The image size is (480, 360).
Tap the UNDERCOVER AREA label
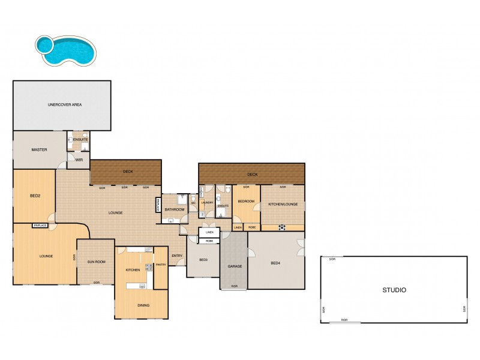[x=65, y=104]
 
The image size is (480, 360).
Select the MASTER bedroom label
[x=40, y=149]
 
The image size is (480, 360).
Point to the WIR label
[x=79, y=160]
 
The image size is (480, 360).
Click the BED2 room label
[x=35, y=196]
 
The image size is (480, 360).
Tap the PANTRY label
[x=160, y=265]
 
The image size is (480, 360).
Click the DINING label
[x=143, y=305]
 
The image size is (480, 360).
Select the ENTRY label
[x=177, y=256]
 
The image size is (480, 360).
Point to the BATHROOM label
[x=175, y=209]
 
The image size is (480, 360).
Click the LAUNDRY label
[x=208, y=203]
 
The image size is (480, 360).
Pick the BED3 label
[x=203, y=259]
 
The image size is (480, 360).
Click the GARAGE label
[x=234, y=266]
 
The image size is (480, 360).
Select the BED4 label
[x=275, y=263]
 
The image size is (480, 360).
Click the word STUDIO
[x=394, y=290]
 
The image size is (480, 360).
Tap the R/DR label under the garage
[x=234, y=286]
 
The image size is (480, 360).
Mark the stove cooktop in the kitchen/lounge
[x=281, y=227]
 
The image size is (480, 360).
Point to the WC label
[x=193, y=203]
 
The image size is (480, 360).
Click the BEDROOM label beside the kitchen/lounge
[x=246, y=202]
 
